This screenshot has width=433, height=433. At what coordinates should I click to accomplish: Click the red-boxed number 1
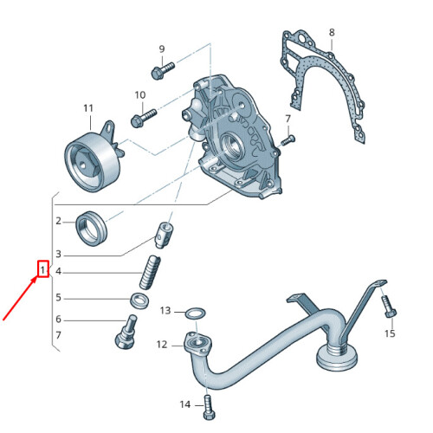coord(42,270)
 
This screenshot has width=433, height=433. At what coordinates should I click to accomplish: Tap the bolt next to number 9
coord(161,70)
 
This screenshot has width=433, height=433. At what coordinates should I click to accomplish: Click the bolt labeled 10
coord(142,114)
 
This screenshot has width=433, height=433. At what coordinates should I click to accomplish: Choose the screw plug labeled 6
coord(127,331)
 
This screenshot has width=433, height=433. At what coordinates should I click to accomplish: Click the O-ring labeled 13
coord(196,312)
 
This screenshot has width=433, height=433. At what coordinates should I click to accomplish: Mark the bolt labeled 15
coord(388,307)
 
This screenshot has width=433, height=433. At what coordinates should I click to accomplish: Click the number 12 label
coord(162,345)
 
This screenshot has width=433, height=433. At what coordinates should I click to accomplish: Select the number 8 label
coord(331,33)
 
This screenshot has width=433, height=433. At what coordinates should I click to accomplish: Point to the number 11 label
coord(87,108)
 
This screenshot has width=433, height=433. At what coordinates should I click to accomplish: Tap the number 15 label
coord(390,333)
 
